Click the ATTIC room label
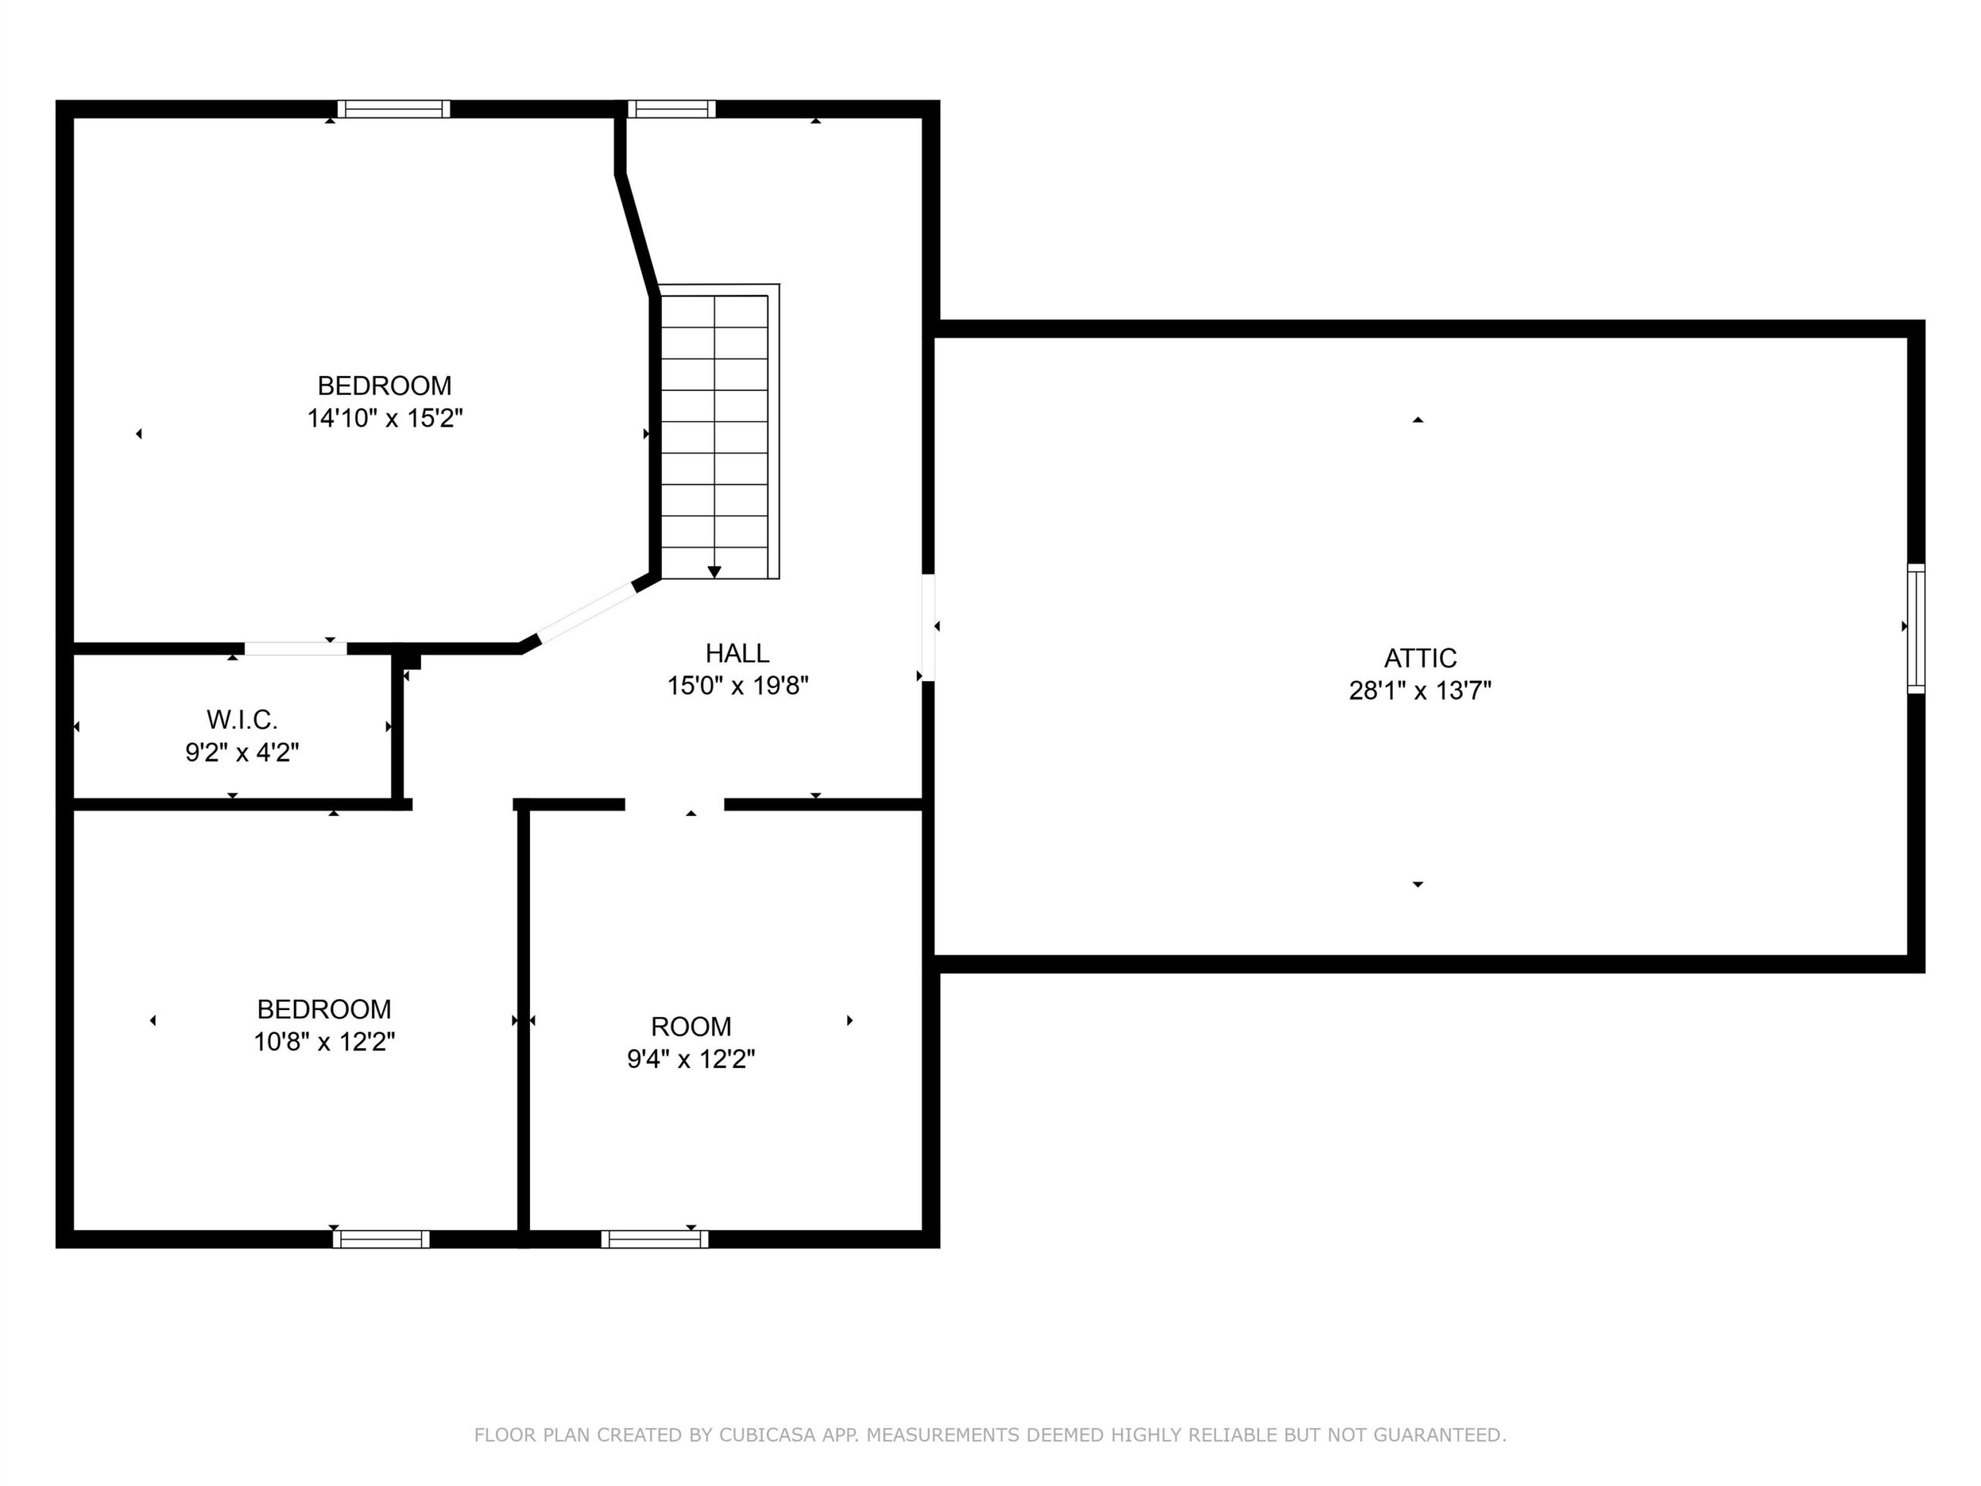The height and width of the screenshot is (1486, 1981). [1421, 659]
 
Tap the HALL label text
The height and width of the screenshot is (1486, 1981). [737, 653]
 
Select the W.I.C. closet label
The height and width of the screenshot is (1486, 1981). [241, 719]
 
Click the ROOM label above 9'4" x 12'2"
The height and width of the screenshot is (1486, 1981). [690, 1026]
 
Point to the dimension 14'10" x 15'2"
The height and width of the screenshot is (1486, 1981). [385, 418]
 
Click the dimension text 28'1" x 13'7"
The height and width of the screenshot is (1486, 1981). [1421, 690]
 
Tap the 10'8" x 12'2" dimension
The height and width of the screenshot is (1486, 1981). [324, 1042]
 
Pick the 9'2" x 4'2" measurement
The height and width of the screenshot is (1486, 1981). [241, 752]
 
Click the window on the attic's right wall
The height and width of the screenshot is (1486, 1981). [1916, 628]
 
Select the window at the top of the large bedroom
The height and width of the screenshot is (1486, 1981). [393, 109]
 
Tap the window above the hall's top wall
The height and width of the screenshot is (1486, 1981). [672, 109]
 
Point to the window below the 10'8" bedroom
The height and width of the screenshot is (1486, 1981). [381, 1239]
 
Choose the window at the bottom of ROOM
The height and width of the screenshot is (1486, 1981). [655, 1239]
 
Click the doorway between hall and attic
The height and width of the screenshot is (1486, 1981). [929, 627]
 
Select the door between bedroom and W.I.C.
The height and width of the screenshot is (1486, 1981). [296, 649]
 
